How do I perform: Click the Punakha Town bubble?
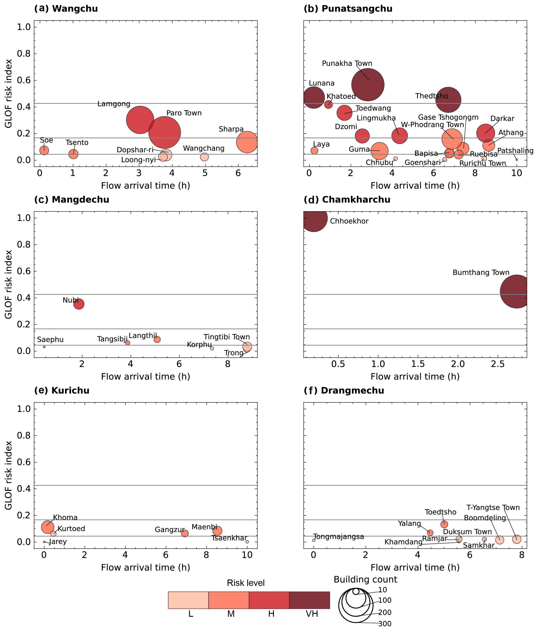(368, 85)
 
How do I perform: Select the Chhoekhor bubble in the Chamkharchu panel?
(314, 218)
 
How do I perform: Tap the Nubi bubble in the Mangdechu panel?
(79, 304)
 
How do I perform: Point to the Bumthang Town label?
(481, 273)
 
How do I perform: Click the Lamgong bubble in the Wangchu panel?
(140, 120)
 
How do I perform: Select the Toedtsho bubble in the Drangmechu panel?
(444, 524)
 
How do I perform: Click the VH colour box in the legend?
(309, 600)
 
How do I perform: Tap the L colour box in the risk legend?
(188, 600)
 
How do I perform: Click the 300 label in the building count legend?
(385, 624)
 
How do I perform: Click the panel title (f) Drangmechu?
(344, 391)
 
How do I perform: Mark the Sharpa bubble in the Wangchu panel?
(247, 142)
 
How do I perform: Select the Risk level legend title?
(246, 583)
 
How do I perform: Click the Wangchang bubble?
(205, 157)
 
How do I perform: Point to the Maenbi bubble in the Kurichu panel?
(217, 531)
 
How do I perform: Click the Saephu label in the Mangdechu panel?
(50, 340)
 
